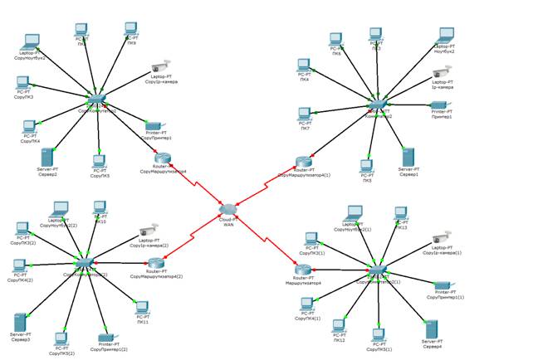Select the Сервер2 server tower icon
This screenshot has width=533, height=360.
point(47,157)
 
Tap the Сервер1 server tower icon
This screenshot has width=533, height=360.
point(408,157)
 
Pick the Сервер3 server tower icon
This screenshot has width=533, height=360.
point(21,322)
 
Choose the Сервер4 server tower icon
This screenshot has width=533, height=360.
point(431,328)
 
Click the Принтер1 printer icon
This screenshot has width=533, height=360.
point(441,105)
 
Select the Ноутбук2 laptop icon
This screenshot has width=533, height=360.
point(445,36)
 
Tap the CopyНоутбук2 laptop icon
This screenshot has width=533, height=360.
point(31,41)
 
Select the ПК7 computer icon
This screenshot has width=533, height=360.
point(305,114)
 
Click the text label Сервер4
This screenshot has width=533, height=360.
point(432,346)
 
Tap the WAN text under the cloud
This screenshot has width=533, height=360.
point(229,225)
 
